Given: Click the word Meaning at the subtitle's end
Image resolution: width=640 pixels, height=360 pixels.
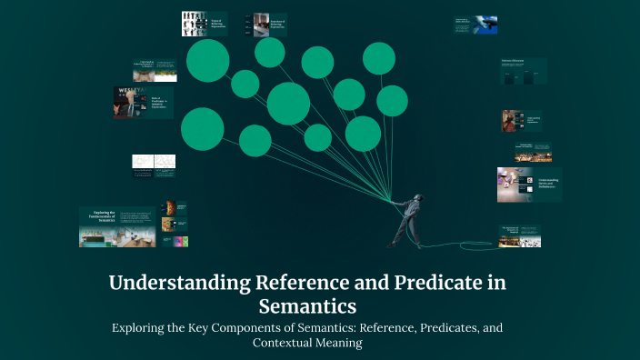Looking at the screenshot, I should pyautogui.click(x=336, y=345).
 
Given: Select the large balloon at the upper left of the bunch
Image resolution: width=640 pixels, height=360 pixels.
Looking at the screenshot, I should pyautogui.click(x=207, y=60).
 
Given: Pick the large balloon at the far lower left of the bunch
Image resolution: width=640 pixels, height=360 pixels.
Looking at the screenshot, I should pyautogui.click(x=202, y=128).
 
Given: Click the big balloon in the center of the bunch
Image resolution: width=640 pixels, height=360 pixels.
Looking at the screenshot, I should pyautogui.click(x=288, y=103).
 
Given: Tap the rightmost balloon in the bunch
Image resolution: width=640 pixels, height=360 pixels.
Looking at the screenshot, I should pyautogui.click(x=392, y=101).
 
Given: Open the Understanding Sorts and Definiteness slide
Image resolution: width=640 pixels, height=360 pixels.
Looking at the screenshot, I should pyautogui.click(x=528, y=185).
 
